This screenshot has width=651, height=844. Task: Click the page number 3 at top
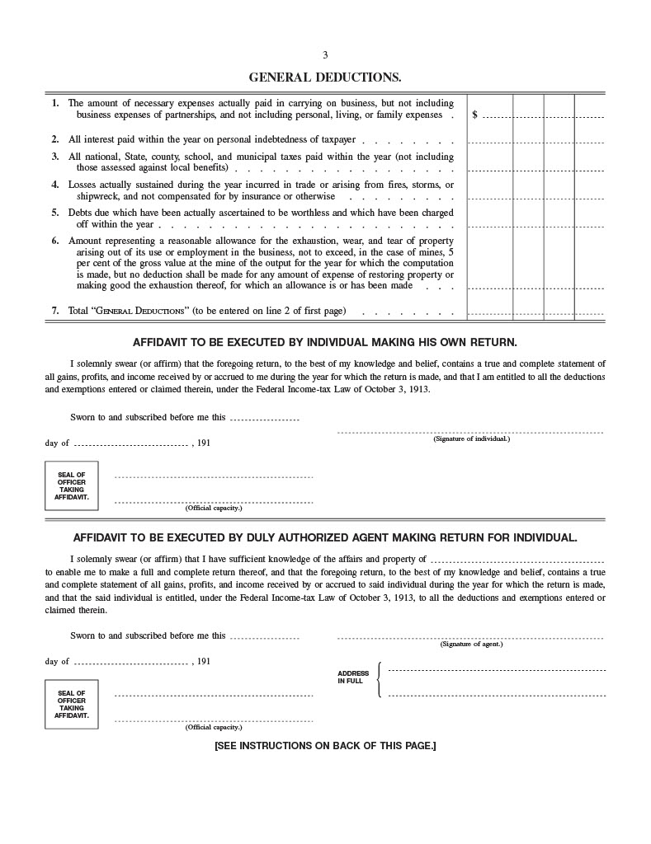(x=325, y=55)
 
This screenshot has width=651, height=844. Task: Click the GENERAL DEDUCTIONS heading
(x=325, y=77)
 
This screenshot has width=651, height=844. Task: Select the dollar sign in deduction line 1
(x=474, y=115)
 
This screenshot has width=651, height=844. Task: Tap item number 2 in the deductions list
(x=55, y=140)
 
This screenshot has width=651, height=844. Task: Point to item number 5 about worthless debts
(x=55, y=212)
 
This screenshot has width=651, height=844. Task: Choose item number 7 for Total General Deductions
(x=55, y=311)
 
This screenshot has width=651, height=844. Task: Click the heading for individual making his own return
(x=325, y=341)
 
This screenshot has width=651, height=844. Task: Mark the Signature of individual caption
(x=471, y=438)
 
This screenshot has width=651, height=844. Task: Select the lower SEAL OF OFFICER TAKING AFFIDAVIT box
(x=71, y=703)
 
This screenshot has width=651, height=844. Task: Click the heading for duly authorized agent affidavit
(x=325, y=537)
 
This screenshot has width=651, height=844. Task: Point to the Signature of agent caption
(x=471, y=644)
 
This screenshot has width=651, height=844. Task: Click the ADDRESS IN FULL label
(x=353, y=678)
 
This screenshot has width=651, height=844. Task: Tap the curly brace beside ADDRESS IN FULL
(x=379, y=679)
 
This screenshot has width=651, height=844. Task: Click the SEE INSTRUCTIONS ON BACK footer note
(x=325, y=746)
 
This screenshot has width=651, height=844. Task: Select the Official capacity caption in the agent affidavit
(x=214, y=727)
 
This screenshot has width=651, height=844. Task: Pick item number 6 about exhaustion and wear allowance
(x=55, y=240)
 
